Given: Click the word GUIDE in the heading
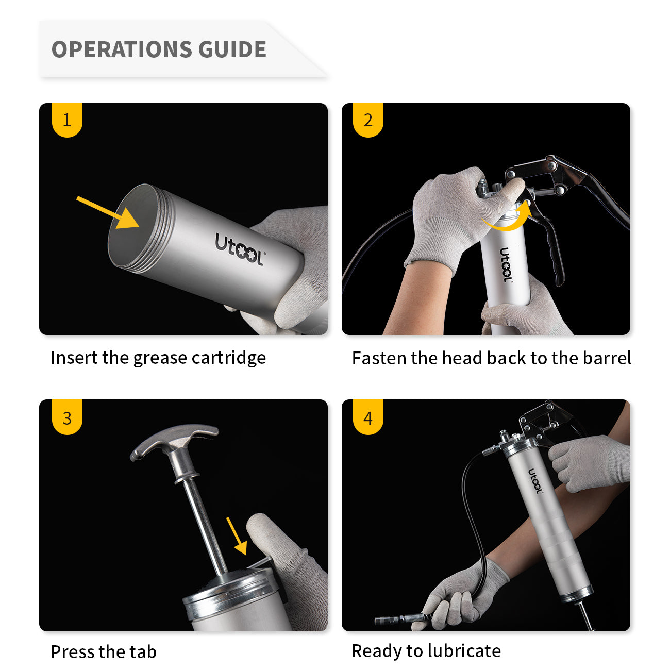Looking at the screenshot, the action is pyautogui.click(x=232, y=49).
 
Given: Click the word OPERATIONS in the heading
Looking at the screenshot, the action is pyautogui.click(x=121, y=49).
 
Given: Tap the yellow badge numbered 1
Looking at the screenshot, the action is pyautogui.click(x=67, y=120).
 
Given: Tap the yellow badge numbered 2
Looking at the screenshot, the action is pyautogui.click(x=368, y=120).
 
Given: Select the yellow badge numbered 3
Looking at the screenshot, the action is pyautogui.click(x=67, y=417).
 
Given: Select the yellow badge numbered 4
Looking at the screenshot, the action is pyautogui.click(x=368, y=417).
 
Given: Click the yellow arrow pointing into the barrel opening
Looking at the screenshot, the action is pyautogui.click(x=108, y=212).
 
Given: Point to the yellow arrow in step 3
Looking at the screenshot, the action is pyautogui.click(x=237, y=535).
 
